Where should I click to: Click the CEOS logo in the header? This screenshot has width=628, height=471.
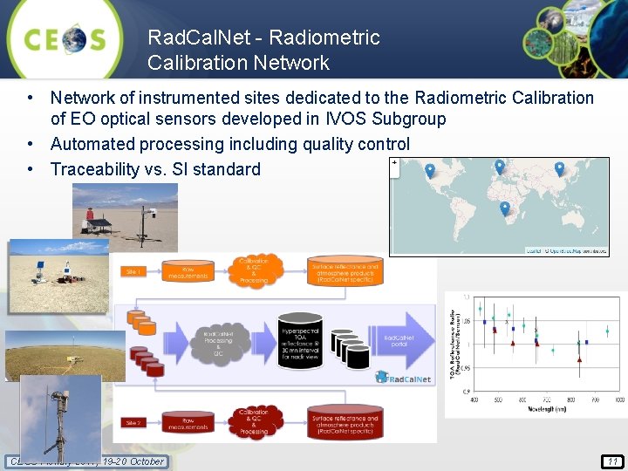point(65,39)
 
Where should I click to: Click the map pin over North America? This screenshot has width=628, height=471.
point(430,171)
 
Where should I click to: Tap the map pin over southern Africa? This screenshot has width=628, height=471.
point(505,208)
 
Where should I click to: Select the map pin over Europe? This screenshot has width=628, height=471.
point(500,166)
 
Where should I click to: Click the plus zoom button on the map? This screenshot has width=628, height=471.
point(395,162)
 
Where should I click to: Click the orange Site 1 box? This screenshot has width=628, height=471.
point(133,271)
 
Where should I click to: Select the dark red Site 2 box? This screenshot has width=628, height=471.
point(132,423)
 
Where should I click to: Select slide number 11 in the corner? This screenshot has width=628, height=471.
point(612,461)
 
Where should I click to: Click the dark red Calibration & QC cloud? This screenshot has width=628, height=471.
point(254,421)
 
